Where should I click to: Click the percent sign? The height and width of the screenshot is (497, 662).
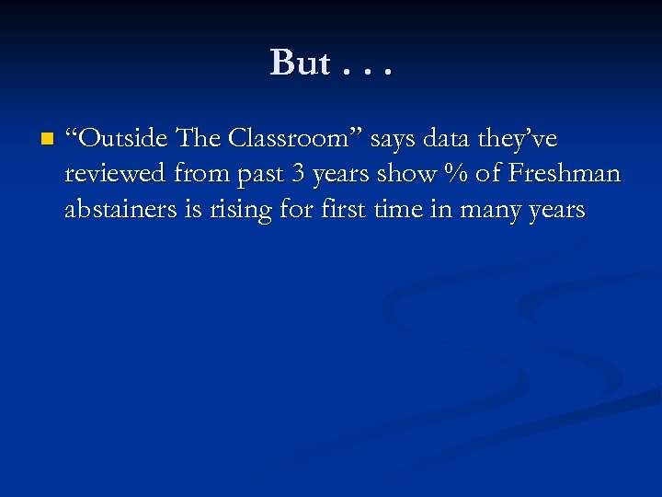[x=451, y=174]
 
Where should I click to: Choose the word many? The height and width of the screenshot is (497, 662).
[x=487, y=211]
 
